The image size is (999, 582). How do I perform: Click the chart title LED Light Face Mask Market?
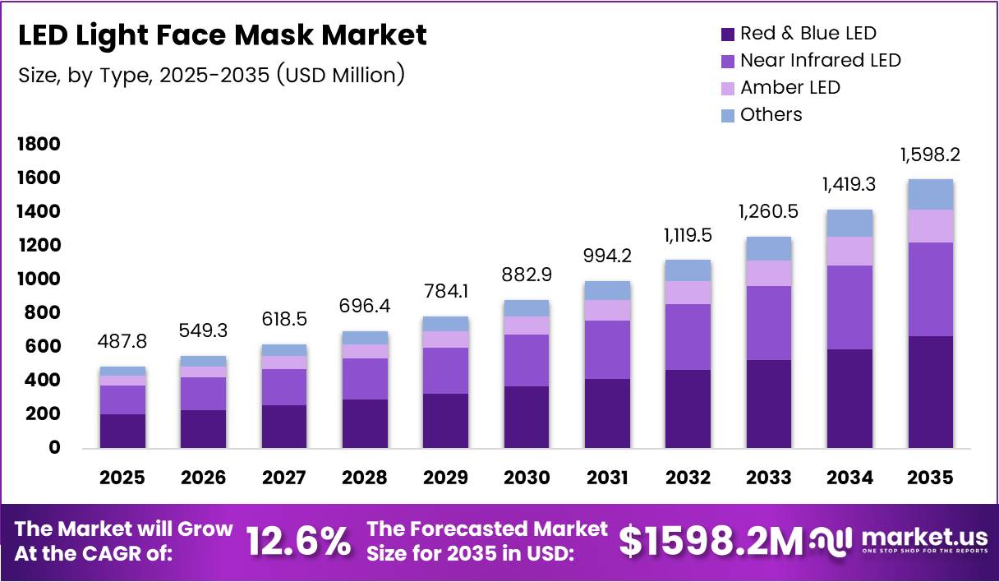223,35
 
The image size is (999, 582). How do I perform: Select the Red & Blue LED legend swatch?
727,34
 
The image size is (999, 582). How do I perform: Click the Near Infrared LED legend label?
820,60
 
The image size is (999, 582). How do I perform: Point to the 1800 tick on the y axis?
39,145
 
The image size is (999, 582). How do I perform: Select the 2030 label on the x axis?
527,478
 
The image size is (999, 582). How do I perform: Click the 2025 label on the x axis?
122,478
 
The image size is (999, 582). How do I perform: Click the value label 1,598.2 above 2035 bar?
930,155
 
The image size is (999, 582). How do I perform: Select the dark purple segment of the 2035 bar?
930,391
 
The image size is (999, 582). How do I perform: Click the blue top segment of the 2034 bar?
849,223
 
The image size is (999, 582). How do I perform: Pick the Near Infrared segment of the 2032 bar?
688,336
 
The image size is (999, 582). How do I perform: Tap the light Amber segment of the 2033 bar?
769,273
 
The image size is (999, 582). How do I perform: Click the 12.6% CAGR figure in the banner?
299,542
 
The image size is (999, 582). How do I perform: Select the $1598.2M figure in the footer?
710,542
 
